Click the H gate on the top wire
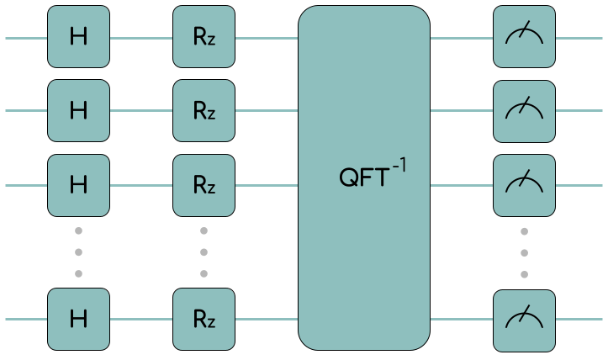tap(78, 37)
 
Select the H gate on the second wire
tap(78, 111)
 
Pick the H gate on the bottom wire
tap(78, 319)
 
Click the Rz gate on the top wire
tap(204, 37)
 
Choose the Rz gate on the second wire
tap(204, 111)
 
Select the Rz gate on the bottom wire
tap(204, 319)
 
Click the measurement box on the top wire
tap(524, 37)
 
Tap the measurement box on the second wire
tap(524, 111)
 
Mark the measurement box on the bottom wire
tap(524, 319)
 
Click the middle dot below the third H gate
tap(78, 251)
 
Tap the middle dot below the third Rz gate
tap(204, 251)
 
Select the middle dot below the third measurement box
tap(524, 251)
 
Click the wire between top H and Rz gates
tap(141, 38)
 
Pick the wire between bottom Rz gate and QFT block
tap(267, 320)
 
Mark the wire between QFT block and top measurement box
tap(461, 38)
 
